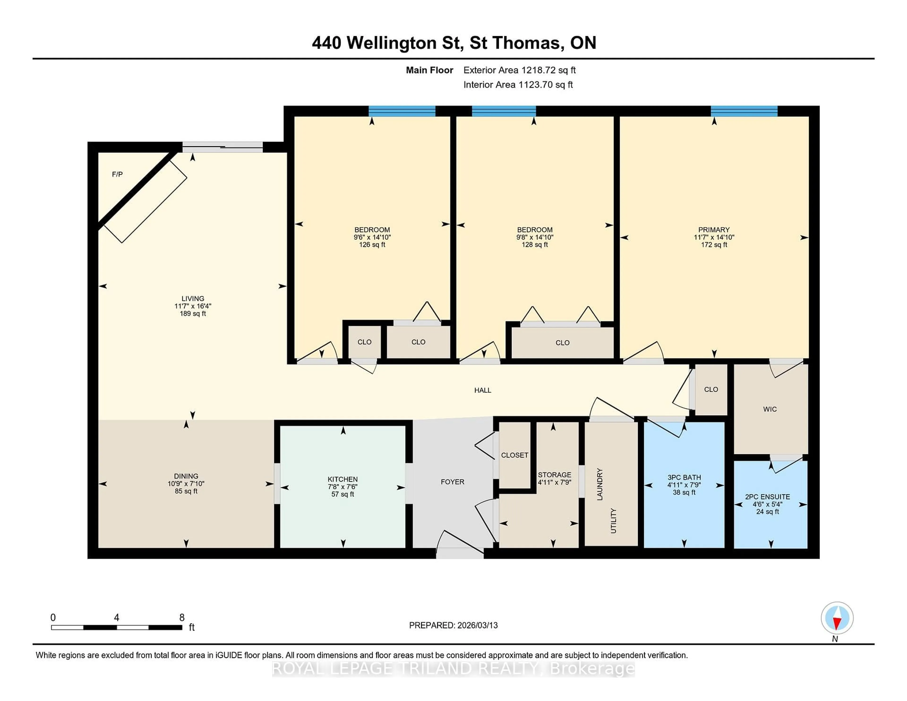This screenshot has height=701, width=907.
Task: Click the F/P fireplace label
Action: pos(117,174)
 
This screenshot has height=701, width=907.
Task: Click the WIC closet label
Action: pos(770,409)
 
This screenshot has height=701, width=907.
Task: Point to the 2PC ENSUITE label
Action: pos(767,497)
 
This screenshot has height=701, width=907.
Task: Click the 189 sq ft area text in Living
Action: pos(193,314)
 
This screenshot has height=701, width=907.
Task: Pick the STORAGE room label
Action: pos(554,475)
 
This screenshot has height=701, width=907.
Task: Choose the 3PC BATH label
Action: pos(684,478)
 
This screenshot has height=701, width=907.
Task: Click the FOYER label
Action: pos(452,482)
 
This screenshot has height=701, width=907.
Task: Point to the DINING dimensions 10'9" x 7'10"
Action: pos(186,484)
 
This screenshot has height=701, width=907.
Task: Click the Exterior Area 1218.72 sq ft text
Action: pos(519,70)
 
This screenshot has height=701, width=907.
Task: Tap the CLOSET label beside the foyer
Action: pos(514,455)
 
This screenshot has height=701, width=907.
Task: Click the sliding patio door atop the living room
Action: pos(222,147)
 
